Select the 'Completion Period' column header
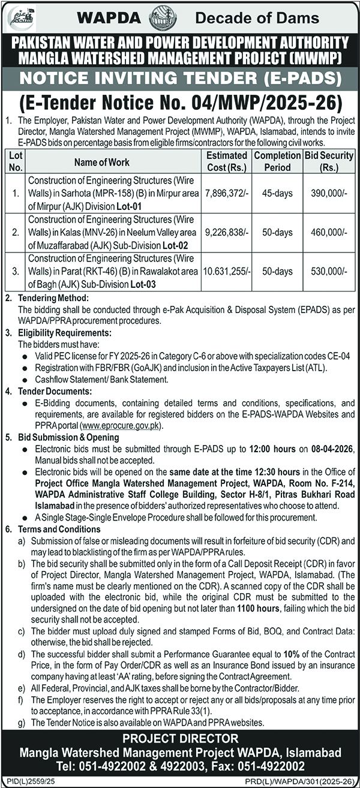tap(276, 161)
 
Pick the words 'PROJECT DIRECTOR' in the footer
tap(180, 738)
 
